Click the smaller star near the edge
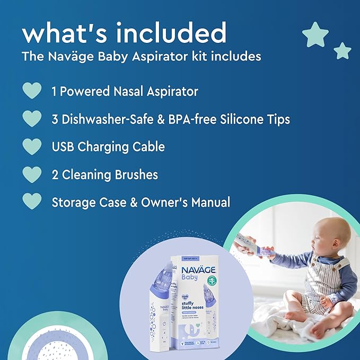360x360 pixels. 343,51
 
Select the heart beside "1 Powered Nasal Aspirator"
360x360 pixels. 32,91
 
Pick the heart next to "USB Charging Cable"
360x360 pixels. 32,146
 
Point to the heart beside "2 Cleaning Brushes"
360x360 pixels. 32,174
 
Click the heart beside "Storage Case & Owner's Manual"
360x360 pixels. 32,201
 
